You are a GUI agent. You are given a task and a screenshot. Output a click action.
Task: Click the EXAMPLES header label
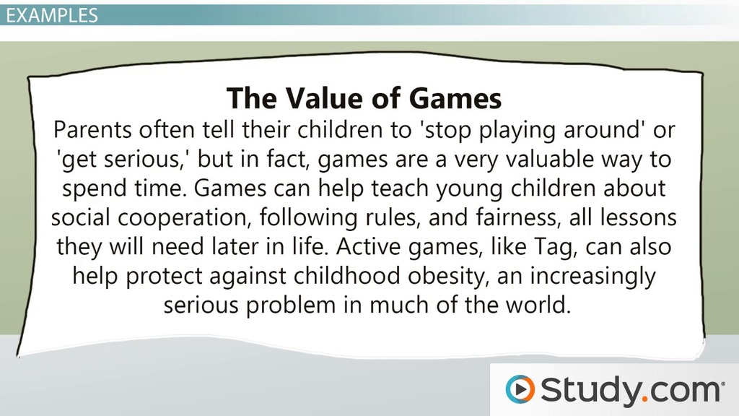[52, 15]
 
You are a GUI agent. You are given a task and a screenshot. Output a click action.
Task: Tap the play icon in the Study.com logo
[520, 389]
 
